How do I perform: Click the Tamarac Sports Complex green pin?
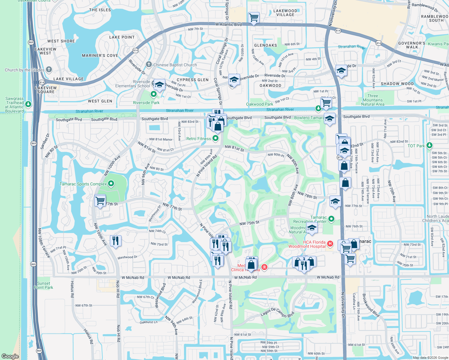click(x=111, y=184)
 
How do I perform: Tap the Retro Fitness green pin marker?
click(x=215, y=139)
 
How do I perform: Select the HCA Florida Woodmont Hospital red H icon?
click(x=330, y=244)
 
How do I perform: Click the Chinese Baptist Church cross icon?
click(x=149, y=64)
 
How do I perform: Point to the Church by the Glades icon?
click(x=49, y=70)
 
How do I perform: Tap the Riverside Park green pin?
click(x=154, y=94)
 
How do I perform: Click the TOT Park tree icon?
click(x=429, y=145)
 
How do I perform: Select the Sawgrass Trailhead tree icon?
click(x=28, y=104)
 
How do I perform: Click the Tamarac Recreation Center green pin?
click(x=331, y=219)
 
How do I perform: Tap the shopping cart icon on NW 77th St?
click(x=100, y=200)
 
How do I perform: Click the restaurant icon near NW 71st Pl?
click(x=116, y=241)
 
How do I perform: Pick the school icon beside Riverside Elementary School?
click(x=160, y=85)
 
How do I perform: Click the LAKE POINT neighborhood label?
click(x=122, y=37)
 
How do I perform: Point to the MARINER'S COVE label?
click(x=100, y=55)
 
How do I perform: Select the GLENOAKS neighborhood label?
click(x=266, y=45)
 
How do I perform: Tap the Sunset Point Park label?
click(x=44, y=285)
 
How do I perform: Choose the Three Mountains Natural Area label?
click(x=373, y=100)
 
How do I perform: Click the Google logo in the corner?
click(x=10, y=356)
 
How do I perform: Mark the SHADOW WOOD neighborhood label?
click(x=397, y=84)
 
